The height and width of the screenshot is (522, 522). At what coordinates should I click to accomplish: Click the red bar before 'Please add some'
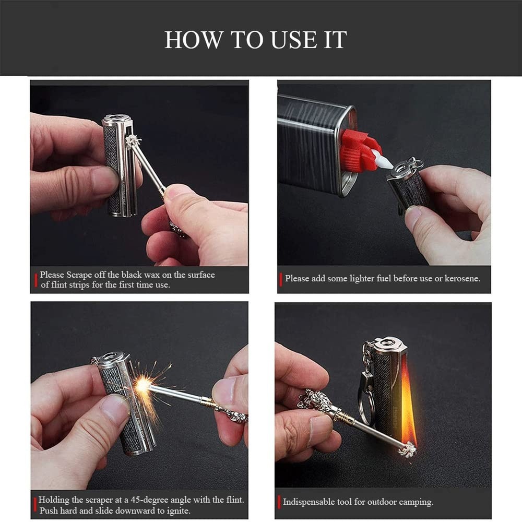click(281, 278)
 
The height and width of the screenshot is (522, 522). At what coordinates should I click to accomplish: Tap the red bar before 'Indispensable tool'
click(279, 502)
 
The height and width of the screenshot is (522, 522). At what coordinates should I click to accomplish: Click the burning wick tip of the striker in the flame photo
click(407, 446)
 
